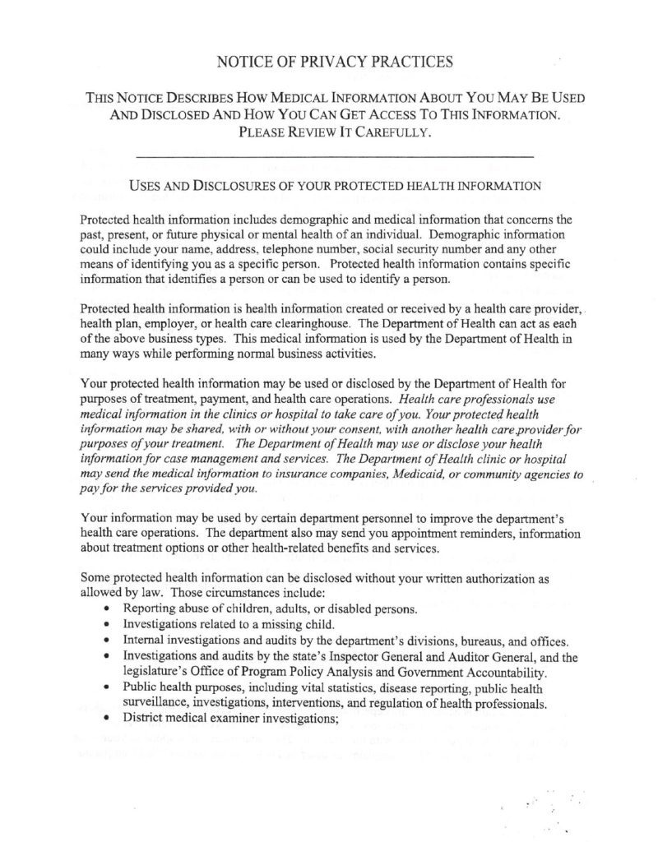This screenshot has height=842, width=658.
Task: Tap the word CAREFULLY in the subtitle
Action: [x=390, y=132]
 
